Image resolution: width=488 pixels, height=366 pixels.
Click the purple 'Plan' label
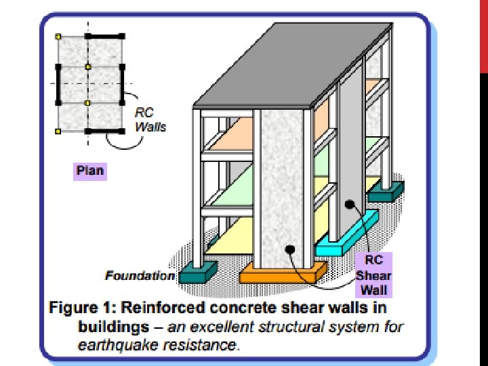point(89,169)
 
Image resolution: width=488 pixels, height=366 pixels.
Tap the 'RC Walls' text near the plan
point(150,120)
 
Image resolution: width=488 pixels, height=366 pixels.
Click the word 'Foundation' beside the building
point(140,276)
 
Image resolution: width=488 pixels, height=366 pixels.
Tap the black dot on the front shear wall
point(289,249)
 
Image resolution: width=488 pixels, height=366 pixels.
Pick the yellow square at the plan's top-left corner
point(59,35)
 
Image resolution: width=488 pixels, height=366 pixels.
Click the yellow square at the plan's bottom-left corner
point(59,130)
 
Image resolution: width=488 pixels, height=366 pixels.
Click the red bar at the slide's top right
point(483,34)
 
